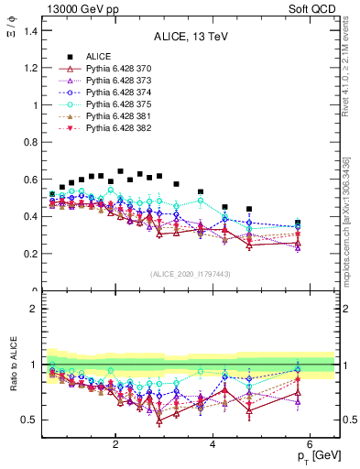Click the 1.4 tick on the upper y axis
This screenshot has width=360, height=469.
[30, 31]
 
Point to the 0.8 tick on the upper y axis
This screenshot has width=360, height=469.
[30, 142]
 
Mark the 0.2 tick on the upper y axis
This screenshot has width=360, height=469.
[30, 254]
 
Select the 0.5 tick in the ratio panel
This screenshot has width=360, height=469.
[30, 420]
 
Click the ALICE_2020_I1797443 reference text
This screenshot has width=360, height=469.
[191, 274]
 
